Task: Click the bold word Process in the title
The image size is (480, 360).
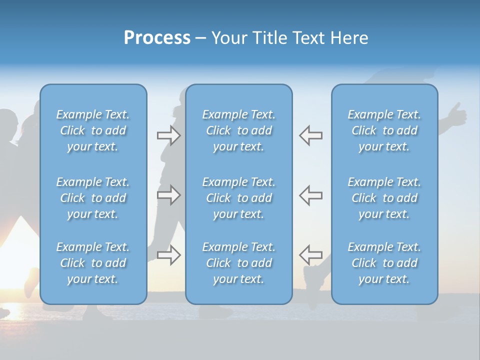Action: (x=157, y=38)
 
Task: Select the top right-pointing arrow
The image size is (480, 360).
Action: (x=168, y=135)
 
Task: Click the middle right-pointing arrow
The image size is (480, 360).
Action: (x=168, y=194)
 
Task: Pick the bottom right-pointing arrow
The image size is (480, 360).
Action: (x=168, y=254)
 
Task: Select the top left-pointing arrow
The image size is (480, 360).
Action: (x=311, y=135)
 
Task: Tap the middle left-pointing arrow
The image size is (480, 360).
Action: (x=311, y=194)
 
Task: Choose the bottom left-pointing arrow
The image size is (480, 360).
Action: (x=311, y=254)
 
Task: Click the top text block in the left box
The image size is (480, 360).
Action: (x=93, y=130)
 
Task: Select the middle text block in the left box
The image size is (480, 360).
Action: (x=93, y=198)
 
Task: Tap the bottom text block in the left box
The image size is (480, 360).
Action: (x=93, y=263)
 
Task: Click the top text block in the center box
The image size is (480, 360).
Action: (x=239, y=130)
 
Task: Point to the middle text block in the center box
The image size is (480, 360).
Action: (x=239, y=198)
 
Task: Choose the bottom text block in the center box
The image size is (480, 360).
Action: (x=239, y=263)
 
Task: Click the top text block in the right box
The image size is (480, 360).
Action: (x=384, y=130)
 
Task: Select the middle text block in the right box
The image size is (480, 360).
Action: (x=384, y=198)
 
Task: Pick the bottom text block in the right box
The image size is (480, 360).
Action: (x=384, y=263)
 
